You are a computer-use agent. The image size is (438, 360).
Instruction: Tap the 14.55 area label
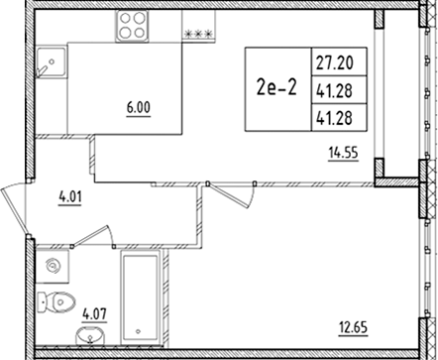coord(343,152)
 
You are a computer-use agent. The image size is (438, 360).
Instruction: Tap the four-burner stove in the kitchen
coord(132,26)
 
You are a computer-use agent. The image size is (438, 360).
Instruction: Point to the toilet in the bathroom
coord(61,302)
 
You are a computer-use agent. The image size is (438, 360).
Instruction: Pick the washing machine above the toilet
coord(54,266)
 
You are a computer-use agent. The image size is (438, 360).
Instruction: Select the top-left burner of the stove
coord(124,19)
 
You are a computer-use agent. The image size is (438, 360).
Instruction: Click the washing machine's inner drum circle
coord(54,267)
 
